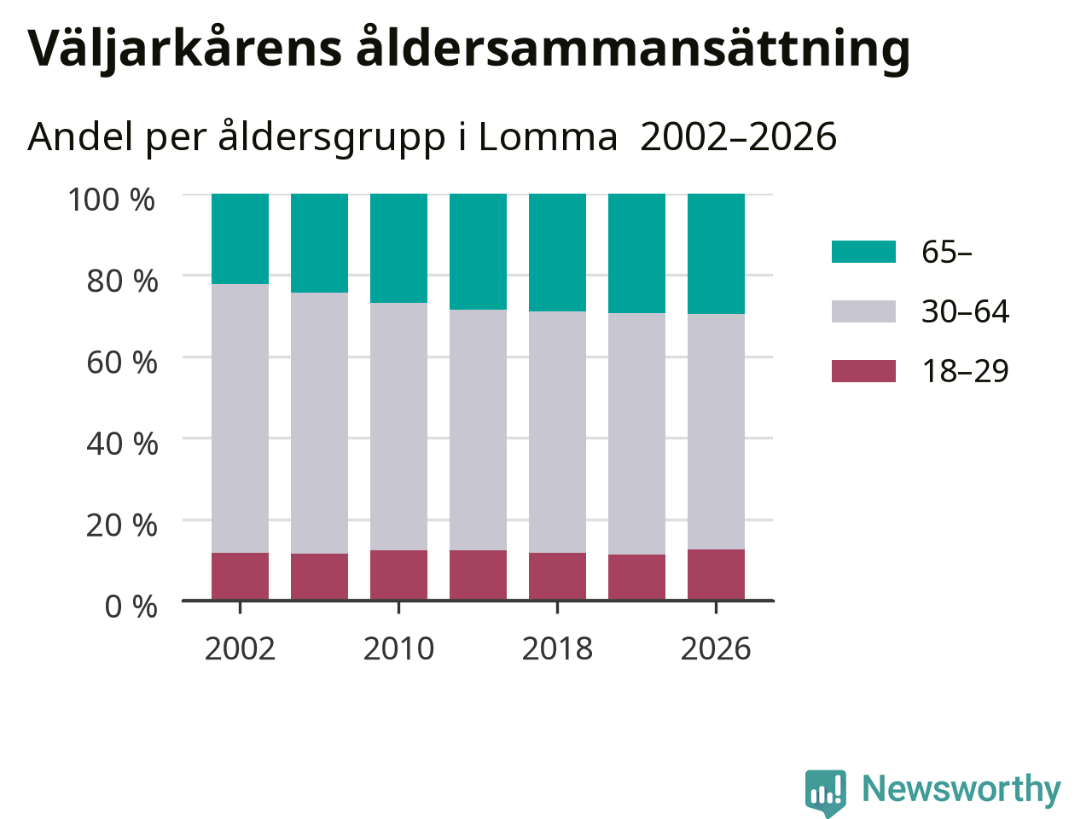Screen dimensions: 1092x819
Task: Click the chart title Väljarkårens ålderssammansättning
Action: (x=468, y=49)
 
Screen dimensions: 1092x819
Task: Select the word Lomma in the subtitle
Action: (x=548, y=136)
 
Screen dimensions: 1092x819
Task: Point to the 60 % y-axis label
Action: (x=122, y=363)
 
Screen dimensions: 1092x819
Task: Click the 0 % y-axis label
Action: (x=131, y=607)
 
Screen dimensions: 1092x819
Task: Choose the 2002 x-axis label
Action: (x=240, y=649)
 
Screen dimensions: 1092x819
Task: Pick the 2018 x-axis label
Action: (x=557, y=649)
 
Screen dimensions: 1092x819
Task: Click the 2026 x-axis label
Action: (x=716, y=649)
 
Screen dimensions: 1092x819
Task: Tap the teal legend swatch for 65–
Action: (x=863, y=252)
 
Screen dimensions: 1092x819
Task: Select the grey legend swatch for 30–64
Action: (x=863, y=311)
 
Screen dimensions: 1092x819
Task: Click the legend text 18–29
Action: (x=965, y=371)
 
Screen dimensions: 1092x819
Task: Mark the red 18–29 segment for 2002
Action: (x=241, y=577)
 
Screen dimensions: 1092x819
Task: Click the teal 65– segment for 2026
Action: (x=716, y=253)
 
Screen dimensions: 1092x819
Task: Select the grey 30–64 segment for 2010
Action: (x=398, y=427)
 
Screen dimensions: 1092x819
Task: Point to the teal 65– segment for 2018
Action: (x=557, y=253)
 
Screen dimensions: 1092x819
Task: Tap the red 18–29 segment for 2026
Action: (x=716, y=575)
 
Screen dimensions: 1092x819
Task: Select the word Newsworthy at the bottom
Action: (x=961, y=789)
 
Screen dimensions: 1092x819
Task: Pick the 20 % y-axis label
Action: (x=122, y=526)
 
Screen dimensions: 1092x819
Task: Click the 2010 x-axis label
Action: (x=398, y=649)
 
